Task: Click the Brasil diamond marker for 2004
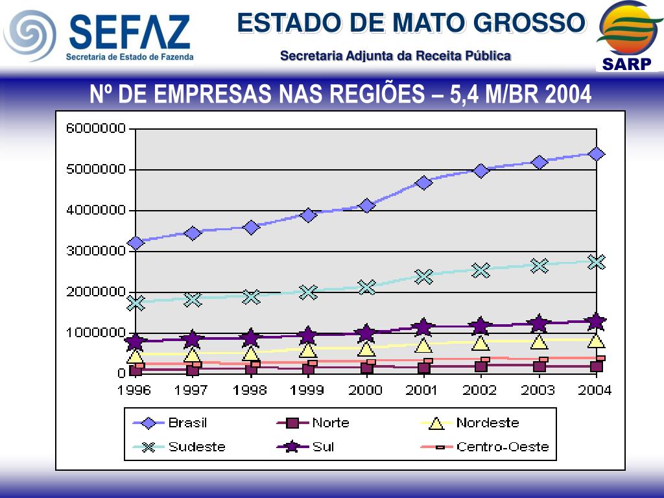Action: (x=597, y=154)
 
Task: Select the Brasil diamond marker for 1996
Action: (x=136, y=243)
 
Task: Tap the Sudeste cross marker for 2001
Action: (x=423, y=277)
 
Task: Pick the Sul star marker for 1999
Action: (x=308, y=335)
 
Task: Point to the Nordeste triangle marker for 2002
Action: (x=480, y=342)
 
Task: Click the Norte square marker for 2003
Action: (x=539, y=366)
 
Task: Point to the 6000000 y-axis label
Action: (x=95, y=128)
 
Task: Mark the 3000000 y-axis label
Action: (x=95, y=251)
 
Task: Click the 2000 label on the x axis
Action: (x=366, y=390)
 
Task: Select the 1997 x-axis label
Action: (x=192, y=390)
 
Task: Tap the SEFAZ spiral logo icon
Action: (x=29, y=35)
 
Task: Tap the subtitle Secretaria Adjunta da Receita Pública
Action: (x=396, y=56)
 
